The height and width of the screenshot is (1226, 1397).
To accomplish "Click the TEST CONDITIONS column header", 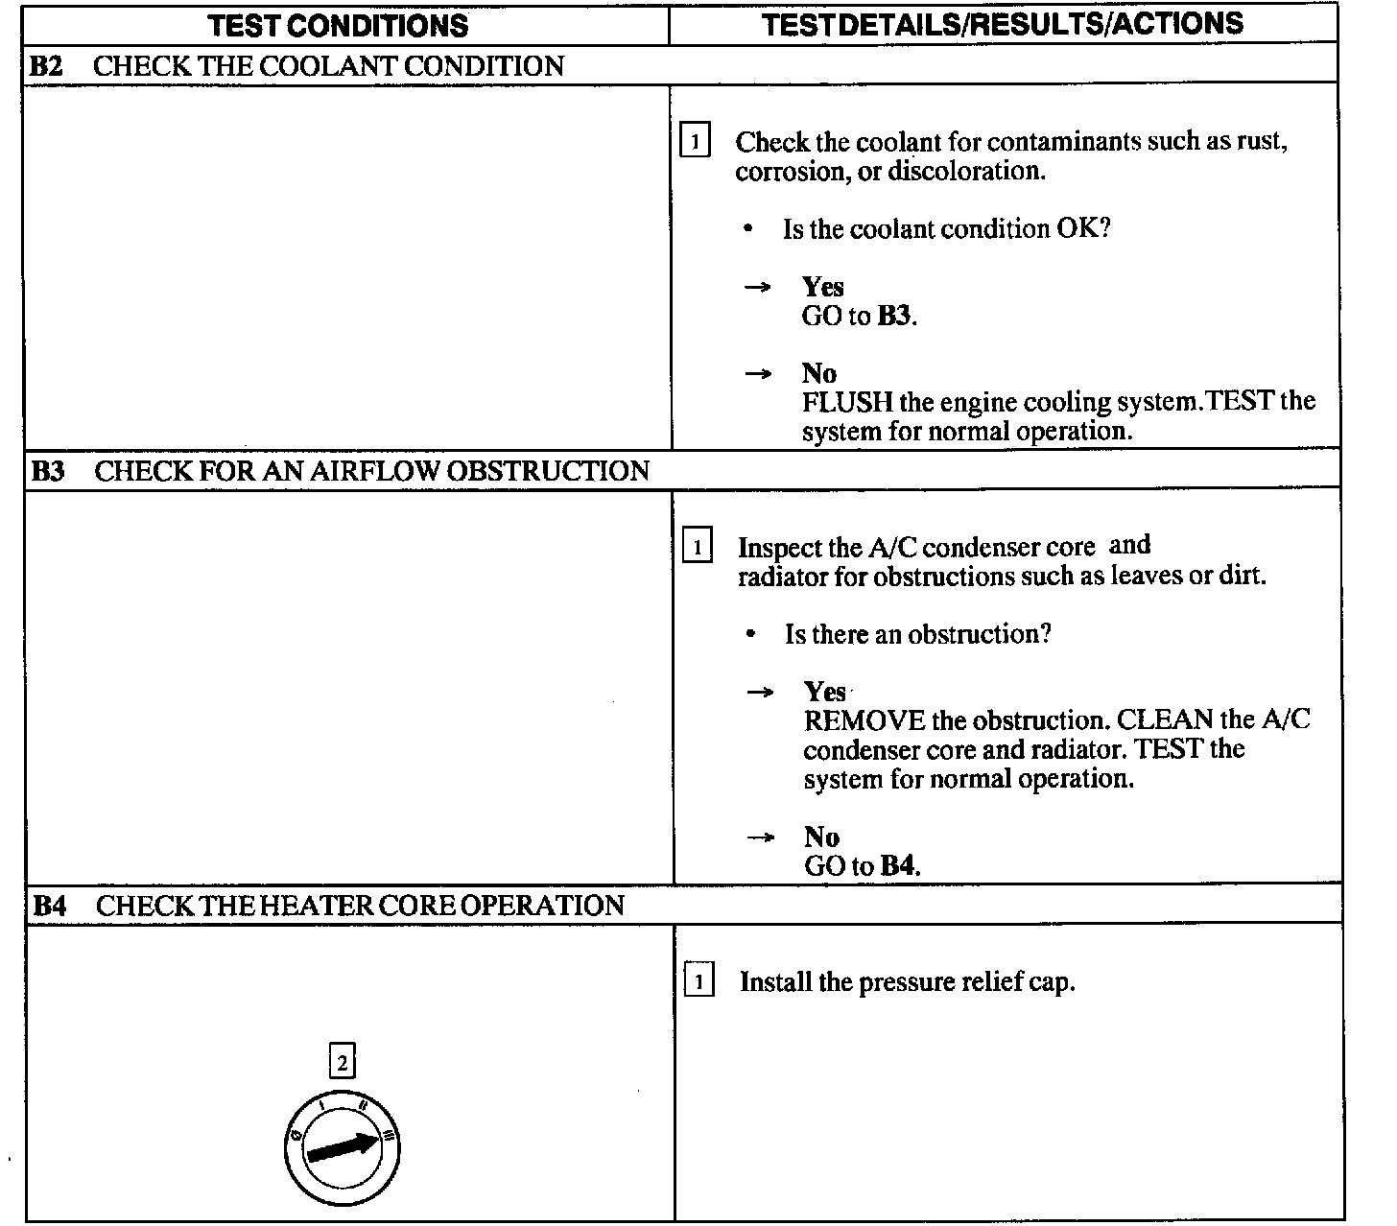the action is (x=338, y=25).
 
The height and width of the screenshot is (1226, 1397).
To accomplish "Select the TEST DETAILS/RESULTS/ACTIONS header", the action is (x=1003, y=24).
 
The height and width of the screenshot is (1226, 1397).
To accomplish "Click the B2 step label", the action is (x=47, y=66).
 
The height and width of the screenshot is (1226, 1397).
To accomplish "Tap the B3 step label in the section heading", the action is (x=48, y=471).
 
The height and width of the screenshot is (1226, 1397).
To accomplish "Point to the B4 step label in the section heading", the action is (x=50, y=906).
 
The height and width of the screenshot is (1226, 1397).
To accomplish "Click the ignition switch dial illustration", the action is (x=343, y=1147).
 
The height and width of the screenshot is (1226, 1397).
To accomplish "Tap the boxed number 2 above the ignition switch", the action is (x=342, y=1063).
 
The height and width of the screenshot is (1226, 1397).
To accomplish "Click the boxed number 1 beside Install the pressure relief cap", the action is (x=698, y=982).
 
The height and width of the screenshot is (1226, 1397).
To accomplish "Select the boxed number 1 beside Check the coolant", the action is (x=694, y=142).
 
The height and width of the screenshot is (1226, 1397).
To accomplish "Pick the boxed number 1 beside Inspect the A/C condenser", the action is (x=697, y=548).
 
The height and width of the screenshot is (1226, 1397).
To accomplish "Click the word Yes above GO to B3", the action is (x=822, y=287).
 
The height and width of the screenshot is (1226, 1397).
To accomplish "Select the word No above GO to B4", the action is (x=821, y=837).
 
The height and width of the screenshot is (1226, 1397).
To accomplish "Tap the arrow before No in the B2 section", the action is (x=758, y=373).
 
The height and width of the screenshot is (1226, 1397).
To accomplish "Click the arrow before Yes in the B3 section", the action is (x=760, y=692).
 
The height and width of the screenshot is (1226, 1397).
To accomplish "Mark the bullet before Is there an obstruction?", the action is (x=750, y=634).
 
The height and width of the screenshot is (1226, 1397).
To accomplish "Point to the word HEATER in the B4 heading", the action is (x=314, y=906).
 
